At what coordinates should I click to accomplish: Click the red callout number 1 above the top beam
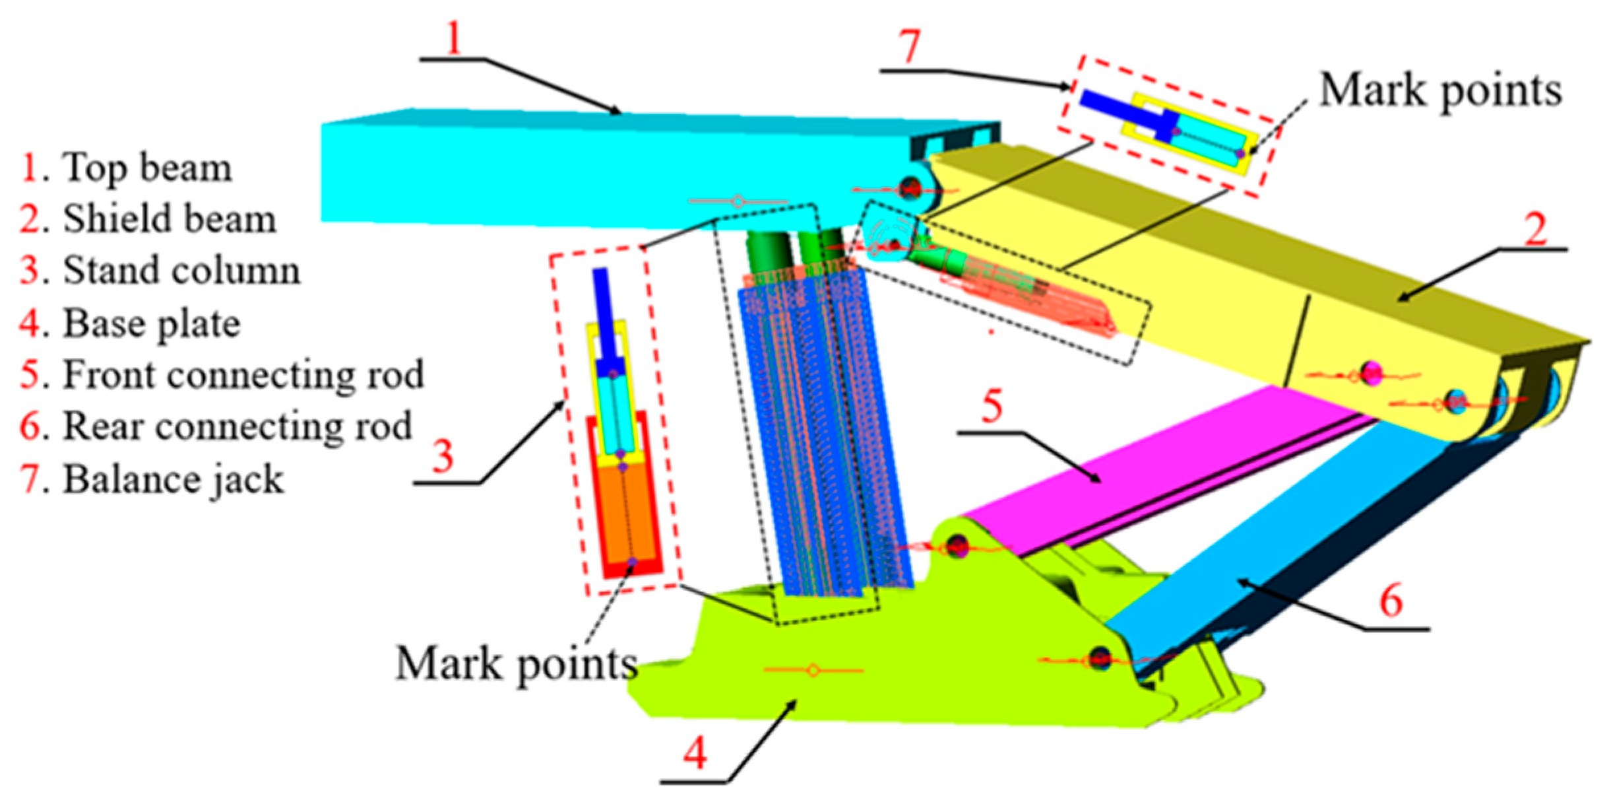tap(453, 38)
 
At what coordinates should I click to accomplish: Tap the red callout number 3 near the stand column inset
tap(443, 455)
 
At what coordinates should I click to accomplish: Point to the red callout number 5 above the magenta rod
tap(992, 406)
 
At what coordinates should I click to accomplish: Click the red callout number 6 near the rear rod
tap(1391, 601)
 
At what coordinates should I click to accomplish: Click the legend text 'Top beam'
tap(147, 168)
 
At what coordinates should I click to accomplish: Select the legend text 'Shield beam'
tap(170, 219)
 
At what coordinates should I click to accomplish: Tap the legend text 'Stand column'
tap(181, 271)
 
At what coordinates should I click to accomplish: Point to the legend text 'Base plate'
tap(152, 323)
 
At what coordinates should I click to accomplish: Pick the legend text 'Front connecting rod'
tap(243, 375)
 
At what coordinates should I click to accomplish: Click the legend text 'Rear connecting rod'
tap(237, 426)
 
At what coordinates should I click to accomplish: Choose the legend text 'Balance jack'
tap(174, 479)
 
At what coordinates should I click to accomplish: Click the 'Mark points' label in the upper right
tap(1441, 90)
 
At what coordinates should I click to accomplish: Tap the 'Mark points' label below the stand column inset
tap(517, 663)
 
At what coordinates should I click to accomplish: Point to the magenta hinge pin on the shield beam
tap(1372, 374)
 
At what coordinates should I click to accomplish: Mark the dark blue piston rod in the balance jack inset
tap(1121, 109)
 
